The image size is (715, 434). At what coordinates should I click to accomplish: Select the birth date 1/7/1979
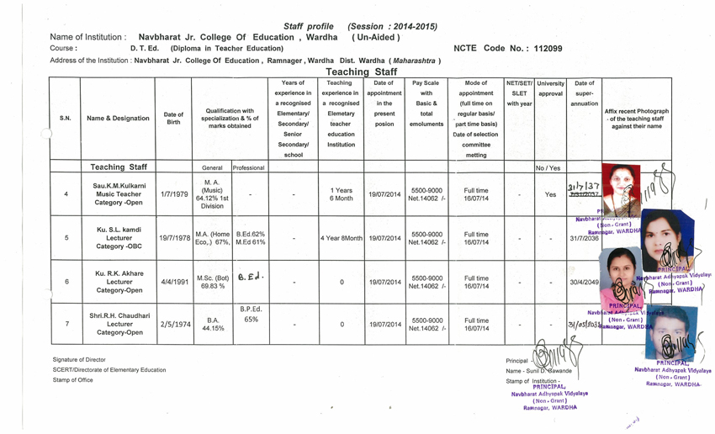tap(172, 193)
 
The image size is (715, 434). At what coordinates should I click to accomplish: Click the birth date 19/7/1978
tap(173, 238)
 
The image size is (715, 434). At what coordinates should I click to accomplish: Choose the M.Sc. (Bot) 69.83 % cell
tap(212, 282)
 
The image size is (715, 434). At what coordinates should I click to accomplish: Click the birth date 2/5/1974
tap(172, 322)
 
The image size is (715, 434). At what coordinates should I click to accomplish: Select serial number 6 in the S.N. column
tap(66, 282)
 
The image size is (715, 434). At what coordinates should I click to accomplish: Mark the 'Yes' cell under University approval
tap(550, 193)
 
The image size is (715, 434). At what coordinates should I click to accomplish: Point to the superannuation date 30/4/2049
tap(584, 283)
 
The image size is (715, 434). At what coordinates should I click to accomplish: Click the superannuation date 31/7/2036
tap(584, 238)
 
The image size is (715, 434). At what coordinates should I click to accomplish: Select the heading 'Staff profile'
tap(309, 26)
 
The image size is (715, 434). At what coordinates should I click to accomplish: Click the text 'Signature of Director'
tap(79, 359)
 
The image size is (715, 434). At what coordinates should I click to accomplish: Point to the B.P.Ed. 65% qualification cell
tap(251, 315)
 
